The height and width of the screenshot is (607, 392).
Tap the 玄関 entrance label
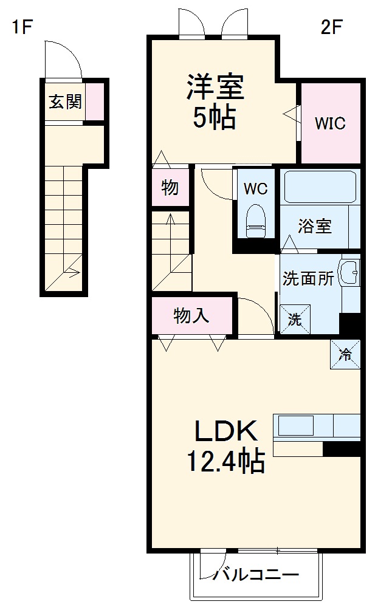click(65, 102)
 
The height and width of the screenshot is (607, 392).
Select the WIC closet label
click(330, 123)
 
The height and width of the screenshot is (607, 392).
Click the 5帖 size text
click(214, 118)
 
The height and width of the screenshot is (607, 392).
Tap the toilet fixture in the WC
click(255, 221)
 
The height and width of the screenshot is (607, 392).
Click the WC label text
click(255, 189)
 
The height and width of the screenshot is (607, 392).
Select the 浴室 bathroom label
click(314, 226)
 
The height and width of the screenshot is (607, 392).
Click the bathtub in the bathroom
click(320, 188)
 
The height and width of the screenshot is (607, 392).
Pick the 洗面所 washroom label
click(308, 279)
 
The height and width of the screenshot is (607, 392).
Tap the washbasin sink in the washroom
click(350, 273)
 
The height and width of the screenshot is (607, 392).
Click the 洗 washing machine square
click(294, 318)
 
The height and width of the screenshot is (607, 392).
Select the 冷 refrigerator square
click(345, 354)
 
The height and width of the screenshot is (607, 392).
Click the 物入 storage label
click(191, 316)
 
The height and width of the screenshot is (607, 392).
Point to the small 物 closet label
click(170, 188)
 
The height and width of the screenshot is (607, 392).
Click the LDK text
click(226, 432)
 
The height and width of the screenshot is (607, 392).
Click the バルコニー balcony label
click(256, 574)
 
